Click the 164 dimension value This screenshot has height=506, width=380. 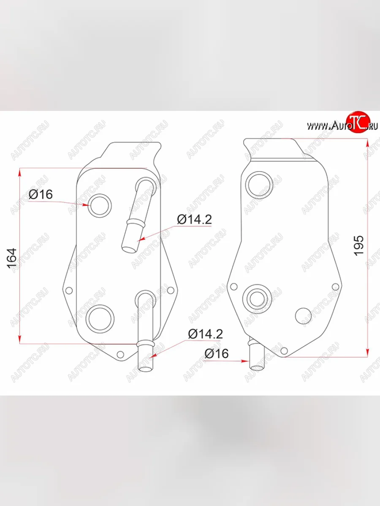(x=11, y=257)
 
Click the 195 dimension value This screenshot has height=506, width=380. (x=359, y=244)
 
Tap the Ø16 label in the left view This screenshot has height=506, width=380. (x=41, y=194)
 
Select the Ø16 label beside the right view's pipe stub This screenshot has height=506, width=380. (x=217, y=353)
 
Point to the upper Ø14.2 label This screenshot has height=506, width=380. (x=194, y=219)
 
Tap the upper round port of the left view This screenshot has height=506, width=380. (x=101, y=205)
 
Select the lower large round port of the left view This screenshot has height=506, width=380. (x=100, y=318)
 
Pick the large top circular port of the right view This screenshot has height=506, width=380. (x=260, y=184)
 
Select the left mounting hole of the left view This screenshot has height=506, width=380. (x=69, y=290)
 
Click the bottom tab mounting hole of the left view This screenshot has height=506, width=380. (x=120, y=354)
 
